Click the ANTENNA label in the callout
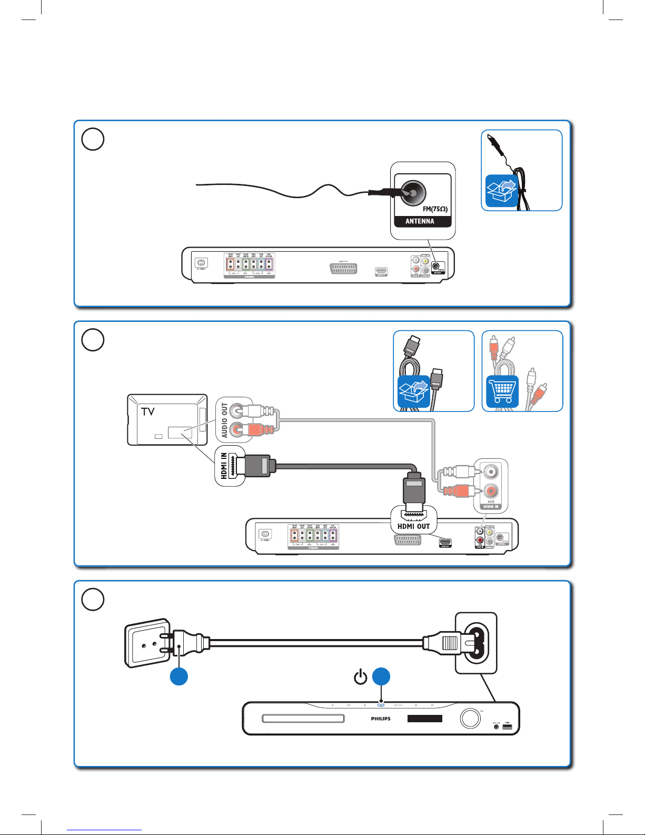pos(420,221)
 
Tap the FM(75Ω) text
pos(435,209)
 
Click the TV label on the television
pos(148,411)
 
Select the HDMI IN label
pos(224,466)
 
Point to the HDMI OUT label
pos(413,526)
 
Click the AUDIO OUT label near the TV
pos(225,420)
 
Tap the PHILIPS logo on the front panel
pos(381,719)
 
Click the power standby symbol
pos(361,676)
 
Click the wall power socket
pos(147,643)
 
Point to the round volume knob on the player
pos(470,718)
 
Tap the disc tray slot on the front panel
pos(303,719)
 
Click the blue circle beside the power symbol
pos(381,676)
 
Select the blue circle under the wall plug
pos(179,676)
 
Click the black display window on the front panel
pos(424,719)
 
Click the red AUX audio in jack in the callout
pos(491,491)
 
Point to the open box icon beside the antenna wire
pos(501,191)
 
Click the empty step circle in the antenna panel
pos(93,140)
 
